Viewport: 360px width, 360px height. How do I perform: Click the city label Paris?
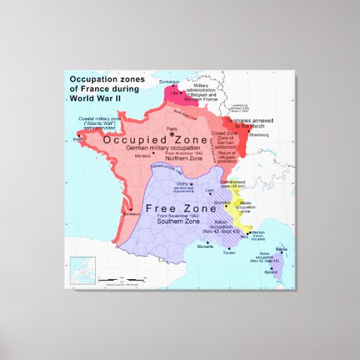[173, 128]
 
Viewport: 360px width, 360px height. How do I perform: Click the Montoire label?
[143, 156]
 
